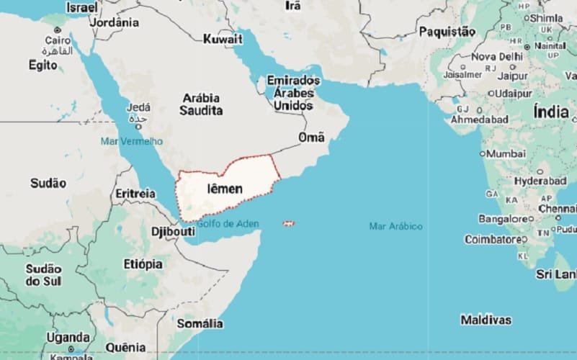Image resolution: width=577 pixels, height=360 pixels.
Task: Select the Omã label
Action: pyautogui.click(x=311, y=138)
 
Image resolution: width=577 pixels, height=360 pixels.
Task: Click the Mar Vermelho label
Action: pyautogui.click(x=132, y=140)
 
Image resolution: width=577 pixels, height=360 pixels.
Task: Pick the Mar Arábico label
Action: pyautogui.click(x=395, y=226)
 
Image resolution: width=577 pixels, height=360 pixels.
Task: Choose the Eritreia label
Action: pyautogui.click(x=135, y=194)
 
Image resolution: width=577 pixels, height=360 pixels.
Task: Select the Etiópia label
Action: pyautogui.click(x=143, y=264)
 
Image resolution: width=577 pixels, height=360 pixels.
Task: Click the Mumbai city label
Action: pyautogui.click(x=506, y=154)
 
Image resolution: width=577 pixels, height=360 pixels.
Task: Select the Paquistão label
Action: pyautogui.click(x=447, y=31)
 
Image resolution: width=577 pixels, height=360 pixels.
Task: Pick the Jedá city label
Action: pyautogui.click(x=138, y=108)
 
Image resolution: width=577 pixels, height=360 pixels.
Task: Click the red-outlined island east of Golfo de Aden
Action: pyautogui.click(x=289, y=223)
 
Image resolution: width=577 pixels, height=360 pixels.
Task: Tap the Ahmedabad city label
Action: pyautogui.click(x=479, y=120)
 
